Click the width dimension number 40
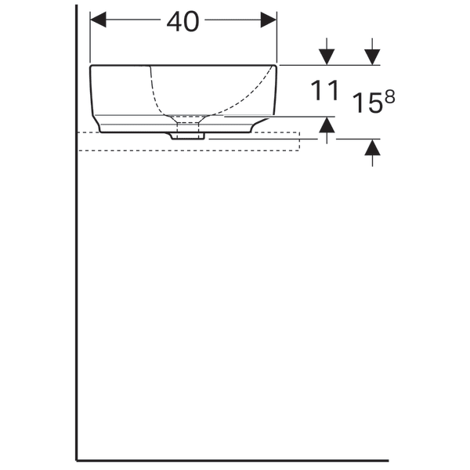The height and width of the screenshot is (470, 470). click(x=183, y=22)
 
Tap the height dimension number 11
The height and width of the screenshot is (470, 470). click(x=324, y=91)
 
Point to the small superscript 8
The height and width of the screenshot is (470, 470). click(x=389, y=95)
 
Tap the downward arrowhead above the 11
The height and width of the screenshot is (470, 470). click(x=327, y=57)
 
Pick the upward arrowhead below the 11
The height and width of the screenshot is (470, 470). click(x=327, y=125)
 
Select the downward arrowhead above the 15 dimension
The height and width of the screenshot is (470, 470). click(x=372, y=57)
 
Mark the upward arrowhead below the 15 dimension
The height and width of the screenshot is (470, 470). click(x=372, y=147)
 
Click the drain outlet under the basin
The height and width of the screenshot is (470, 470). click(x=188, y=134)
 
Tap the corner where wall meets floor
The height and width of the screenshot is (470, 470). click(x=77, y=460)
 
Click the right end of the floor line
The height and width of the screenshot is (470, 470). click(x=387, y=460)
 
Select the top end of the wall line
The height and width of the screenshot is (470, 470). click(x=77, y=6)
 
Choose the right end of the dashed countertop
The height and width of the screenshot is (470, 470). click(x=299, y=141)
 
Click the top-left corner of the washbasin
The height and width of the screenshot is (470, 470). click(x=91, y=66)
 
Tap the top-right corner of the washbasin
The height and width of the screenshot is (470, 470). click(x=277, y=66)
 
